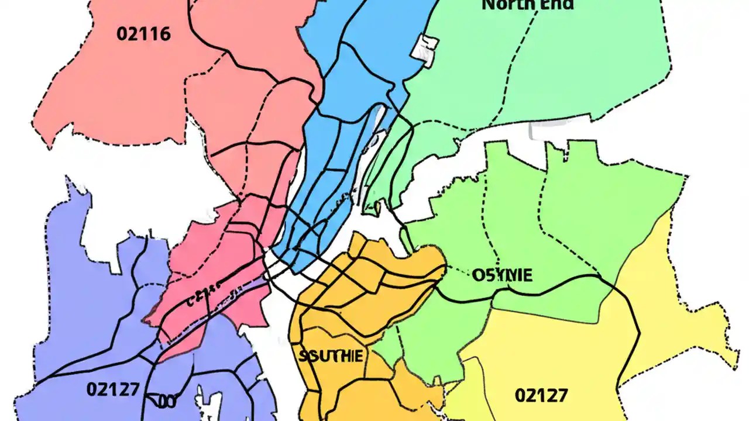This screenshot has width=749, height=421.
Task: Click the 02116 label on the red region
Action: [x=143, y=33]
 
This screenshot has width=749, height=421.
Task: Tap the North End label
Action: [x=527, y=5]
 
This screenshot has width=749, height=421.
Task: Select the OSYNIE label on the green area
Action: [x=502, y=275]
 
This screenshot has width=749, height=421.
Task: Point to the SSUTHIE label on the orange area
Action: [x=331, y=356]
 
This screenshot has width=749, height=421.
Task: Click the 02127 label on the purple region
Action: [x=113, y=389]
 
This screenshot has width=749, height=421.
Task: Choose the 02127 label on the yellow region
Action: [x=541, y=395]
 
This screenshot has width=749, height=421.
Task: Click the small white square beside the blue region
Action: [x=425, y=47]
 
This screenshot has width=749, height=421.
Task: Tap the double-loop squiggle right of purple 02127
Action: [x=162, y=401]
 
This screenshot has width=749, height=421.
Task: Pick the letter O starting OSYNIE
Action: [x=477, y=275]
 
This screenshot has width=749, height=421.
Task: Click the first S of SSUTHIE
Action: [x=303, y=356]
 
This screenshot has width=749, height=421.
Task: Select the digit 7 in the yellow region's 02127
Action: [x=561, y=395]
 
